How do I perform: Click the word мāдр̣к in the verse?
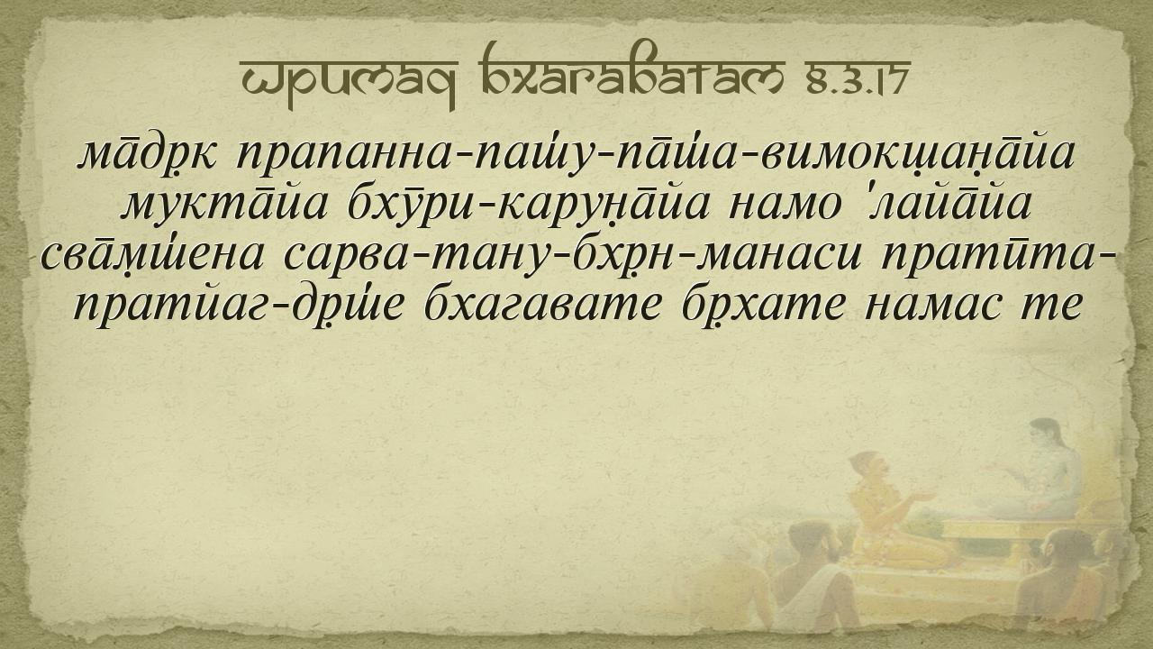coord(147,154)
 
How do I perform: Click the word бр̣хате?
coord(765,306)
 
